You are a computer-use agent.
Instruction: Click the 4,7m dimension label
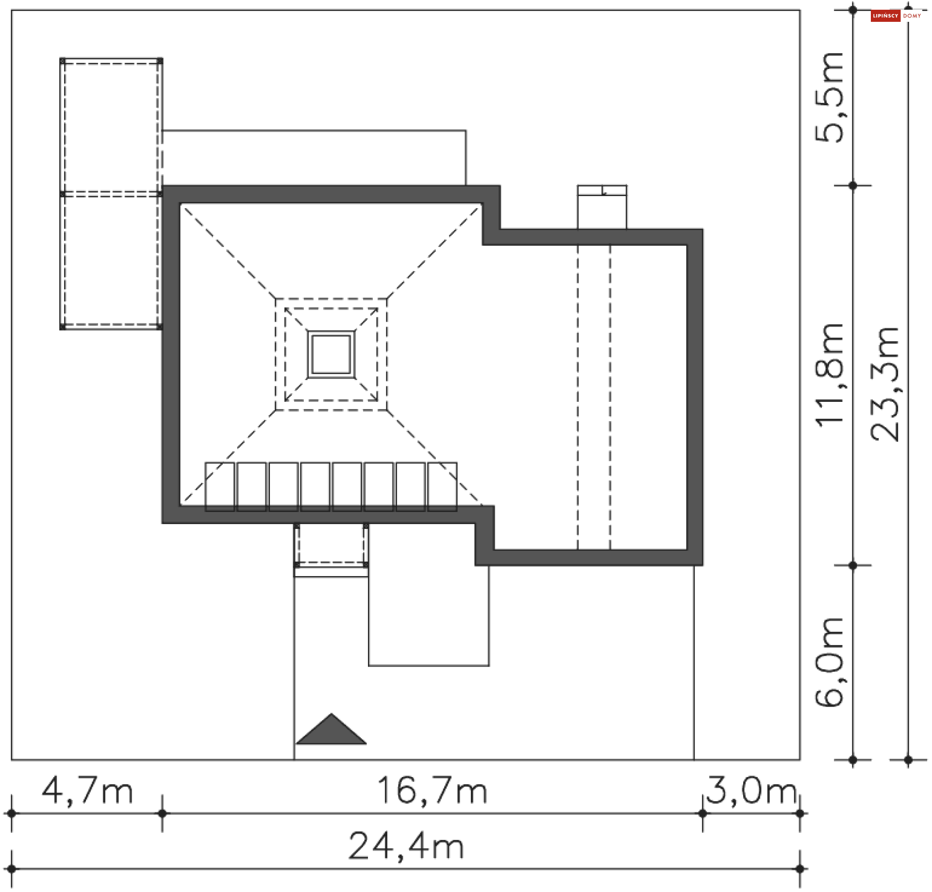pyautogui.click(x=87, y=792)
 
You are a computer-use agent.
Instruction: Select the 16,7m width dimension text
pyautogui.click(x=432, y=791)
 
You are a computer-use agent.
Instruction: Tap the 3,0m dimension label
pyautogui.click(x=751, y=792)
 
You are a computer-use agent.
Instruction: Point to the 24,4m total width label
pyautogui.click(x=406, y=846)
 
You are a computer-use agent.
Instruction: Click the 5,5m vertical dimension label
pyautogui.click(x=829, y=97)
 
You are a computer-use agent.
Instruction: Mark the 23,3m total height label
pyautogui.click(x=884, y=384)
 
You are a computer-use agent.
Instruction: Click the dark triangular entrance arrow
pyautogui.click(x=331, y=729)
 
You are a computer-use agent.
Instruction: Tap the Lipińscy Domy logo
pyautogui.click(x=896, y=16)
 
